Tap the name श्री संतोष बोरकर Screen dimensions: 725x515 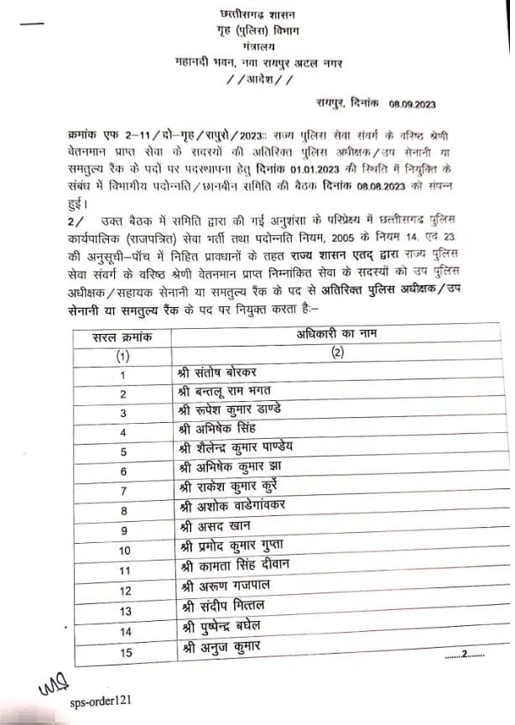pyautogui.click(x=217, y=373)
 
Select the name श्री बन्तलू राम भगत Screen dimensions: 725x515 pyautogui.click(x=225, y=393)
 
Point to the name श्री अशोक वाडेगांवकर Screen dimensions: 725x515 pyautogui.click(x=230, y=509)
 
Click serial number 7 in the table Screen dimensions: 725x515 pyautogui.click(x=124, y=490)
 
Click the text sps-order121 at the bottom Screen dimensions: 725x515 pyautogui.click(x=101, y=697)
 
